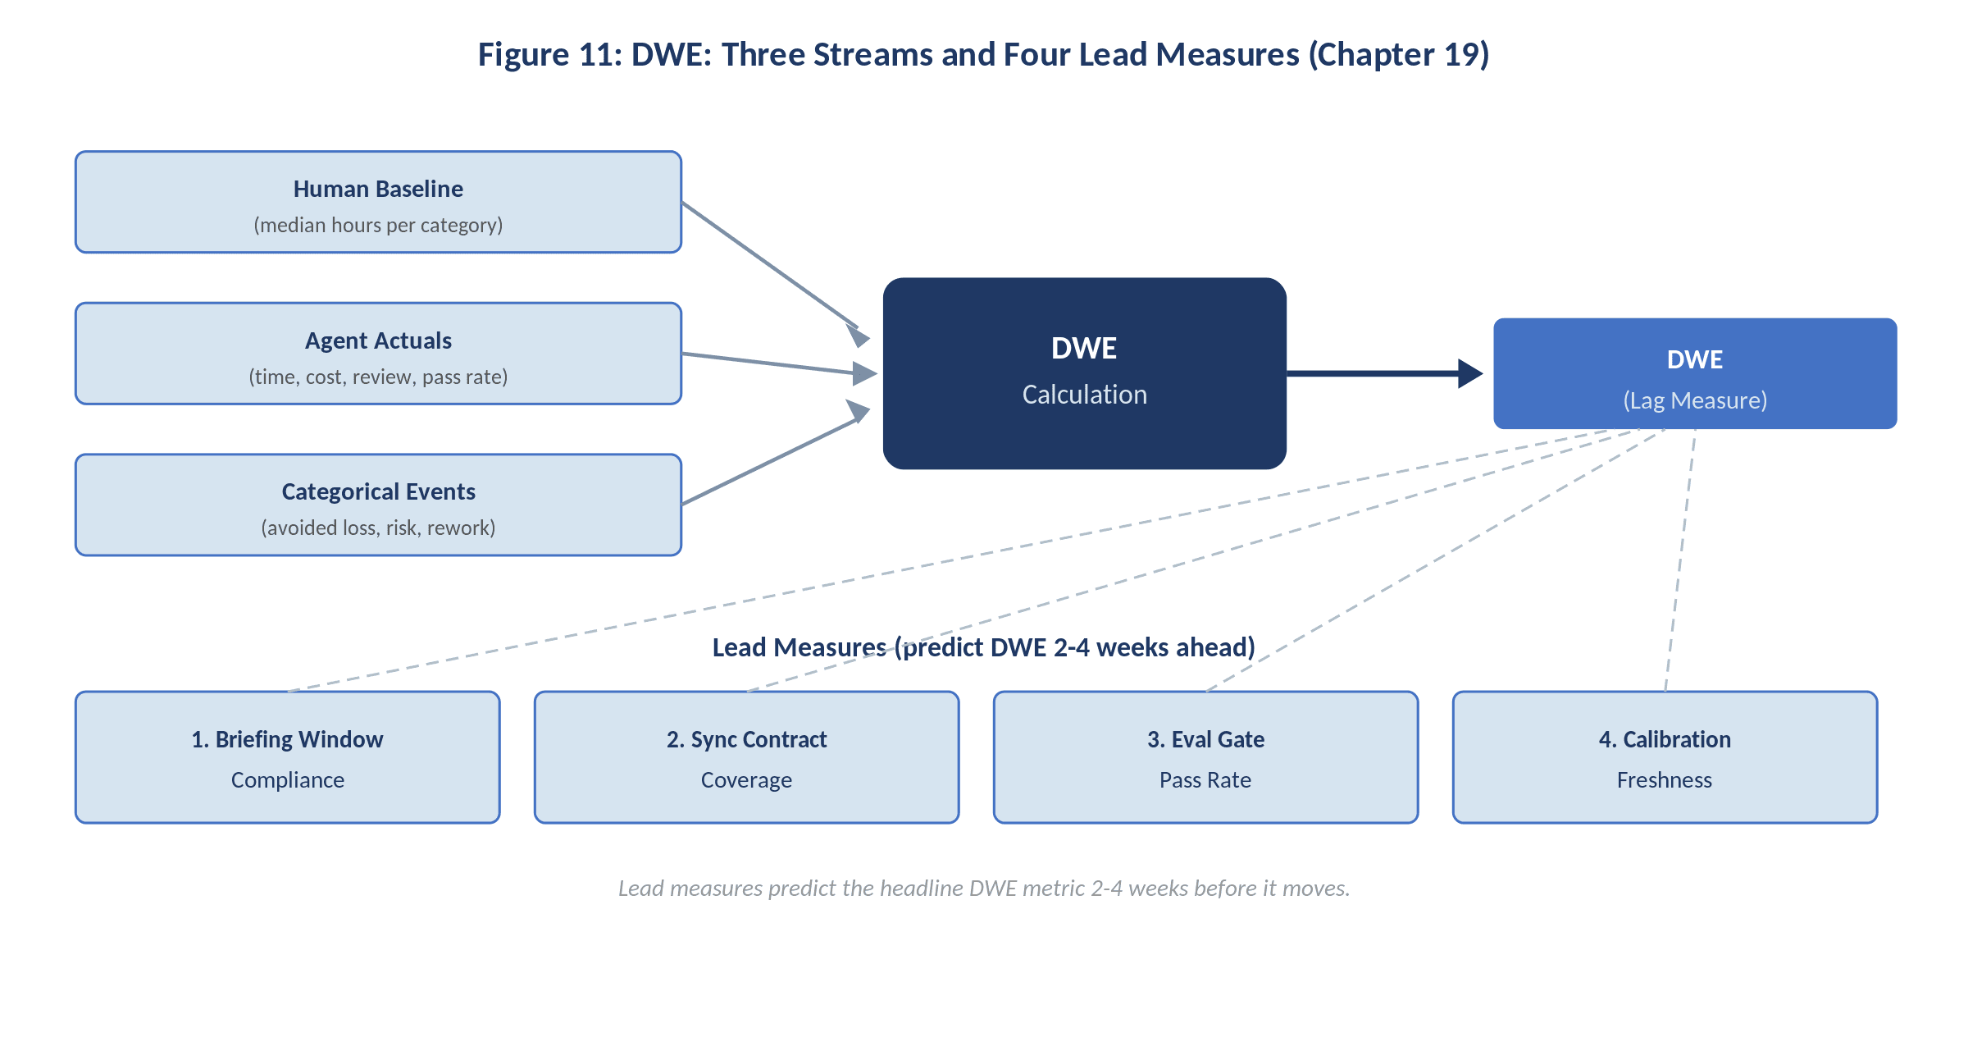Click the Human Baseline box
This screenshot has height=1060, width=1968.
[378, 202]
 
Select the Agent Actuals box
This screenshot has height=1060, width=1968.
[378, 354]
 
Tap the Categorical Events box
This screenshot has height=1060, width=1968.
[378, 505]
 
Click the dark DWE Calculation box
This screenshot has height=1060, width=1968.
[1084, 373]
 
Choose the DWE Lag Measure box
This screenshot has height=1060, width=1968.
[1695, 373]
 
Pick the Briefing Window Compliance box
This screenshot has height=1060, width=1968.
[287, 757]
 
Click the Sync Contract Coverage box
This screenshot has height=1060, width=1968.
[746, 757]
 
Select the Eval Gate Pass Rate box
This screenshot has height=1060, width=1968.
[1205, 757]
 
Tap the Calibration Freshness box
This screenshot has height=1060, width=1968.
[1665, 757]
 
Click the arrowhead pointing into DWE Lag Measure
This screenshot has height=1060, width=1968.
[1469, 373]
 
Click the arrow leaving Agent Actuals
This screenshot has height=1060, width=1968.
[771, 363]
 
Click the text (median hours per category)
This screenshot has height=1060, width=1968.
[378, 225]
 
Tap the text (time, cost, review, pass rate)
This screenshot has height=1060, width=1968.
[378, 377]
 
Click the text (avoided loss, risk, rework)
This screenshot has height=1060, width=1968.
[378, 528]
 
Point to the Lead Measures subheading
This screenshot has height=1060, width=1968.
[983, 647]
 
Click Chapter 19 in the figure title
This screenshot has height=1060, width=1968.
[1398, 54]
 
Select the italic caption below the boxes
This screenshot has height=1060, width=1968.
[983, 888]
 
